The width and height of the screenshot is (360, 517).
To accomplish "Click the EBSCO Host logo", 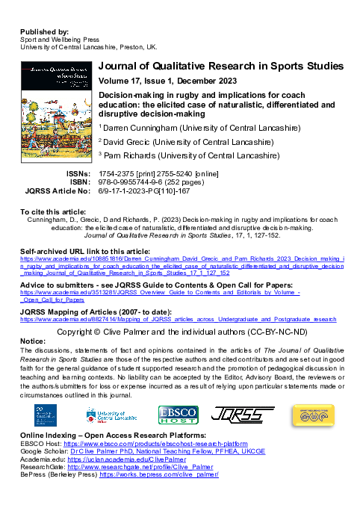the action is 178,415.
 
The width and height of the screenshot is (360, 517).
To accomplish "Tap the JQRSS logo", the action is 243,415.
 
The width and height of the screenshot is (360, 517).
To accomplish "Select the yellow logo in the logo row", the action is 317,415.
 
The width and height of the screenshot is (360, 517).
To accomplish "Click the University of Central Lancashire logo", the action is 113,415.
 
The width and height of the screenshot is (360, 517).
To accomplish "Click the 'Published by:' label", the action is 45,32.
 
